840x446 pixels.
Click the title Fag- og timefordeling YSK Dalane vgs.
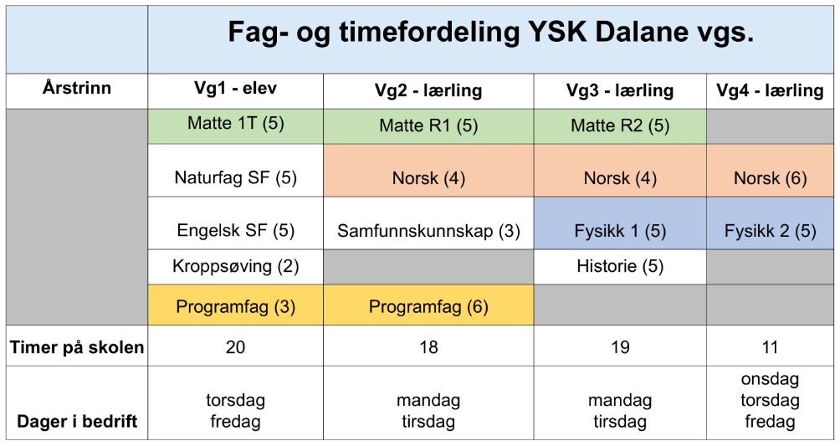(x=491, y=33)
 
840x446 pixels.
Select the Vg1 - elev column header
(x=235, y=89)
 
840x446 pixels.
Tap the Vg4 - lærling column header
(x=770, y=90)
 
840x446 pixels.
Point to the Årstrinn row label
(x=77, y=88)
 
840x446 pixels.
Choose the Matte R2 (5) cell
(x=620, y=126)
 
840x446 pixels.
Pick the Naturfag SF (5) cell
(x=235, y=177)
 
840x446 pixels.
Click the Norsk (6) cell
(x=770, y=178)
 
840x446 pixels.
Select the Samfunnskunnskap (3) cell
(x=428, y=231)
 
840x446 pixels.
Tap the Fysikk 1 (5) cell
(x=620, y=231)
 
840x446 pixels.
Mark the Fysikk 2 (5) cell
(x=770, y=231)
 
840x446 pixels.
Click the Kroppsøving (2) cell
(x=235, y=266)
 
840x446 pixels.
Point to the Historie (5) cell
(x=620, y=266)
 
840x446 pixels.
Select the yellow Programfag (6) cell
(x=428, y=306)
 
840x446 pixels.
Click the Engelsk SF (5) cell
(x=235, y=230)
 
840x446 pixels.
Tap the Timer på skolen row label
(x=77, y=347)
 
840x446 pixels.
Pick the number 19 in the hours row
(x=620, y=347)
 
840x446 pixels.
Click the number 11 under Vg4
(x=770, y=347)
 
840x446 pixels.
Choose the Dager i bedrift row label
(x=77, y=422)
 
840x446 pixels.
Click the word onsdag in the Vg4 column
(x=770, y=380)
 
